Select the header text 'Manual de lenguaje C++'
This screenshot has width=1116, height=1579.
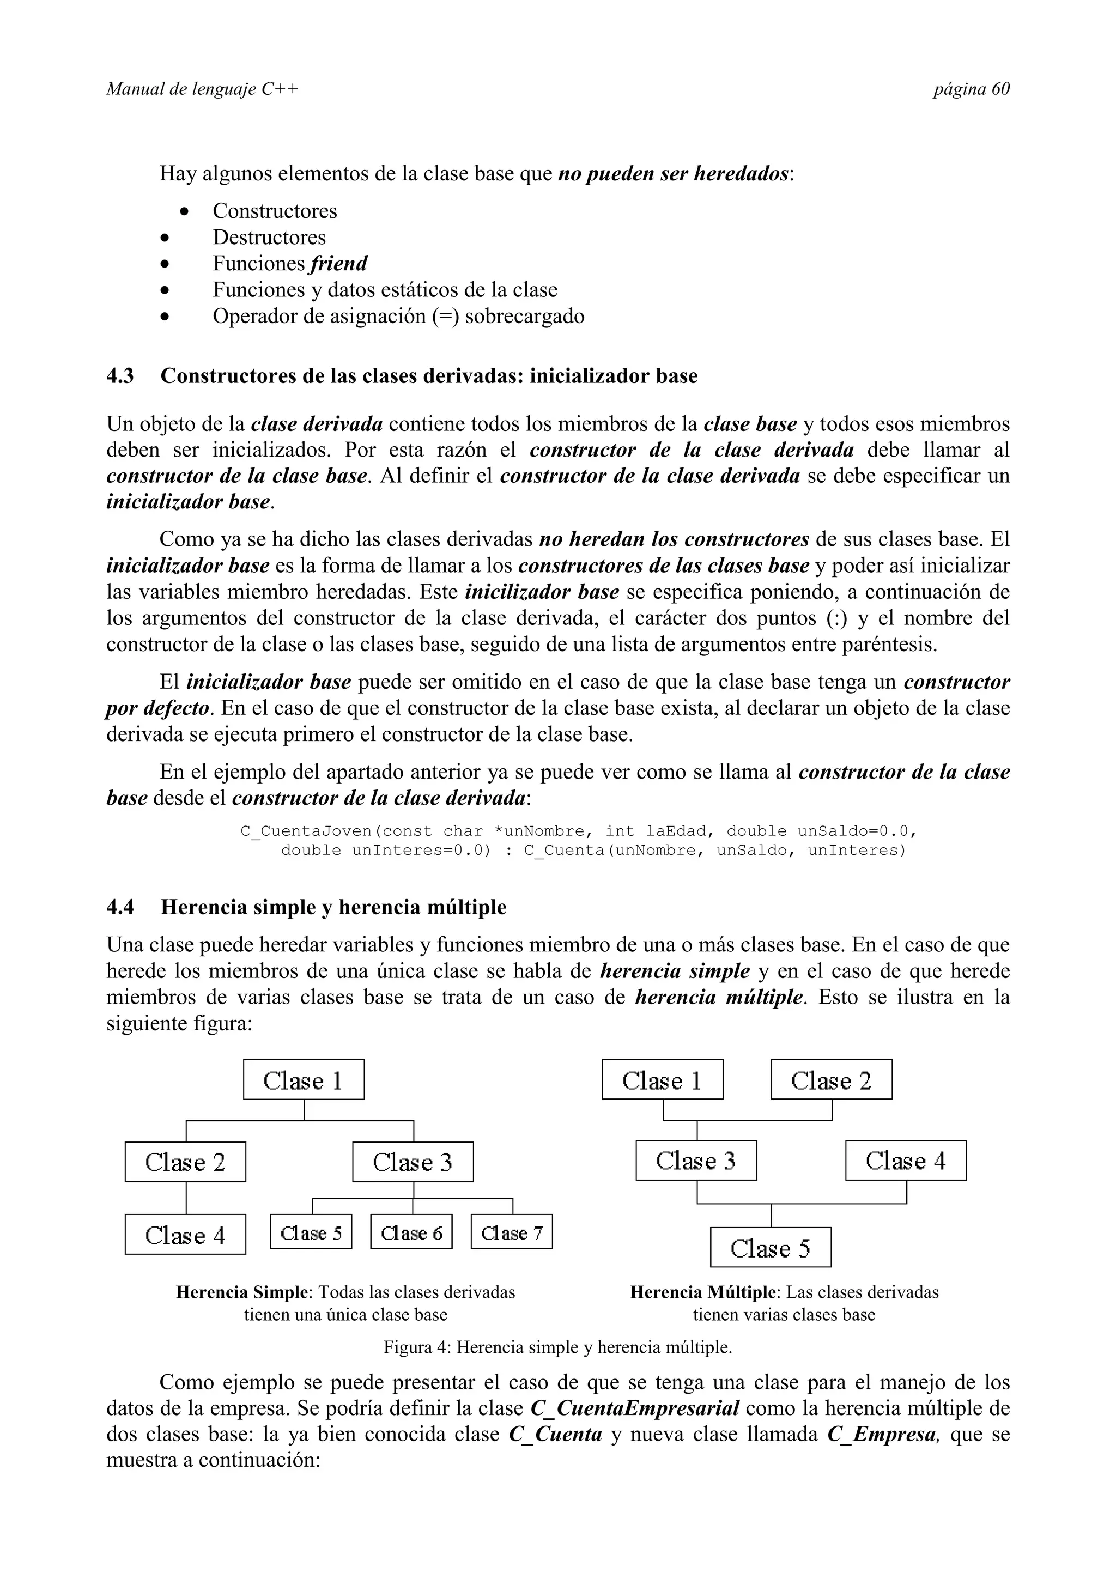point(202,89)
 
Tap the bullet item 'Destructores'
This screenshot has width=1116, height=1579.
point(269,237)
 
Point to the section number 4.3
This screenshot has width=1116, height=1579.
point(120,376)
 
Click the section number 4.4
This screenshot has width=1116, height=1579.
point(120,907)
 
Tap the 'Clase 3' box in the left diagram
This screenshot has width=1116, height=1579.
point(413,1162)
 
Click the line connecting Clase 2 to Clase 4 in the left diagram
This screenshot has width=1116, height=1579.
point(186,1198)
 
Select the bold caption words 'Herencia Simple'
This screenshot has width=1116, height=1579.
point(241,1292)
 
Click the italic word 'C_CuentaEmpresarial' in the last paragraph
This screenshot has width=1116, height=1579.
point(635,1408)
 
